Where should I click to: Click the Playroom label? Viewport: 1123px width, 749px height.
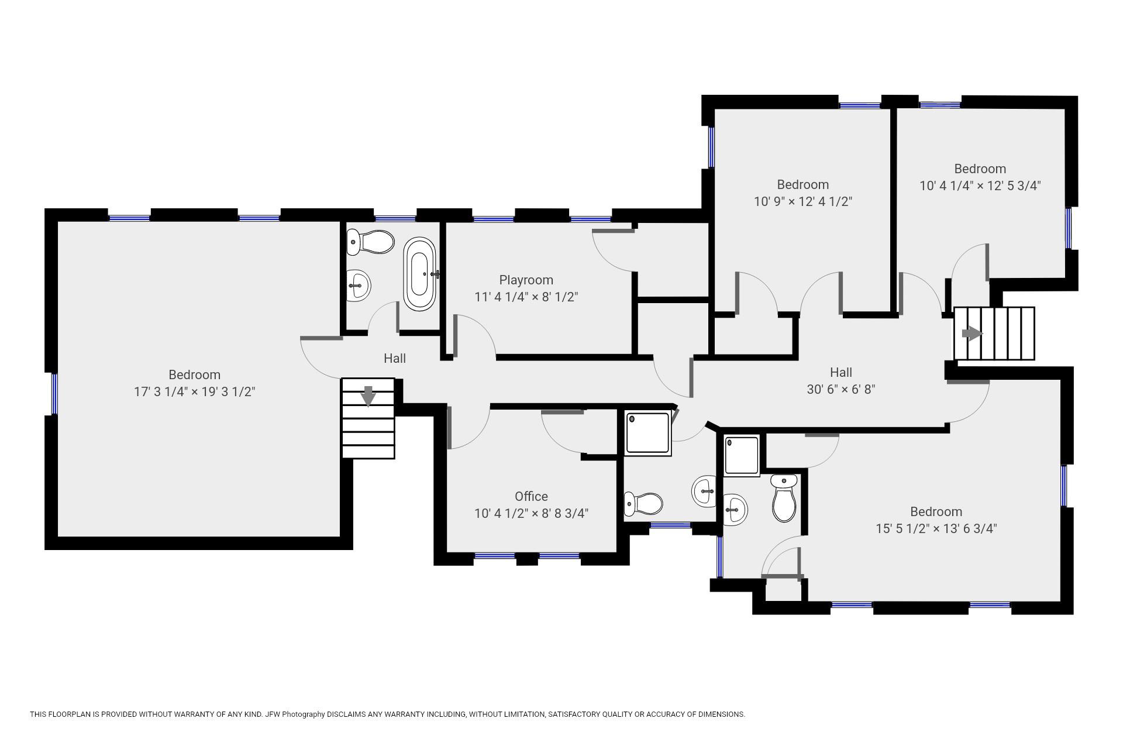[526, 280]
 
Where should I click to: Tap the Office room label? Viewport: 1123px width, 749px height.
[531, 496]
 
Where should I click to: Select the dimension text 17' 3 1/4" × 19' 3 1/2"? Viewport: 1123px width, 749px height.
[195, 391]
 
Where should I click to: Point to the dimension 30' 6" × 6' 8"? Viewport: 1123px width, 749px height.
[841, 389]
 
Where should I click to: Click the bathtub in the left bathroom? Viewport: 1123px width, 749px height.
[420, 274]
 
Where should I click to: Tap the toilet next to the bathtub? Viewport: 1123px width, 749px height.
[370, 242]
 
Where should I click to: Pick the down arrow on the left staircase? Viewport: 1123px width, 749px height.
[368, 396]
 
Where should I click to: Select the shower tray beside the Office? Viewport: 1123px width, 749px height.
[648, 433]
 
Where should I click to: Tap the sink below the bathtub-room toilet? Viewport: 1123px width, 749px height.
[358, 286]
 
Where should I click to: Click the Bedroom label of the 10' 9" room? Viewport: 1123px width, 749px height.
[802, 185]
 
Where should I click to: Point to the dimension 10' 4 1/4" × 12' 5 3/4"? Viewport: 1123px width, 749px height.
[980, 186]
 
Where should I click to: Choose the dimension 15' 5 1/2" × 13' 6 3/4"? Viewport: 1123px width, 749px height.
[936, 528]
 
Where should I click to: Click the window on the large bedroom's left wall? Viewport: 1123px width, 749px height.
[54, 394]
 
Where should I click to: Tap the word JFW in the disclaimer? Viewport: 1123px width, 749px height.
[273, 714]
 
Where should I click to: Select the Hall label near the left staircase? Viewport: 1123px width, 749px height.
[395, 358]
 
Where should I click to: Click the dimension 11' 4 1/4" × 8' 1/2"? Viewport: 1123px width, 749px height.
[526, 297]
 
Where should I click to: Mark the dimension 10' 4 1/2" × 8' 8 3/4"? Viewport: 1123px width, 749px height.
[531, 514]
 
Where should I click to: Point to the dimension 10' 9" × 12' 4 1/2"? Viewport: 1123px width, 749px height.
[802, 202]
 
